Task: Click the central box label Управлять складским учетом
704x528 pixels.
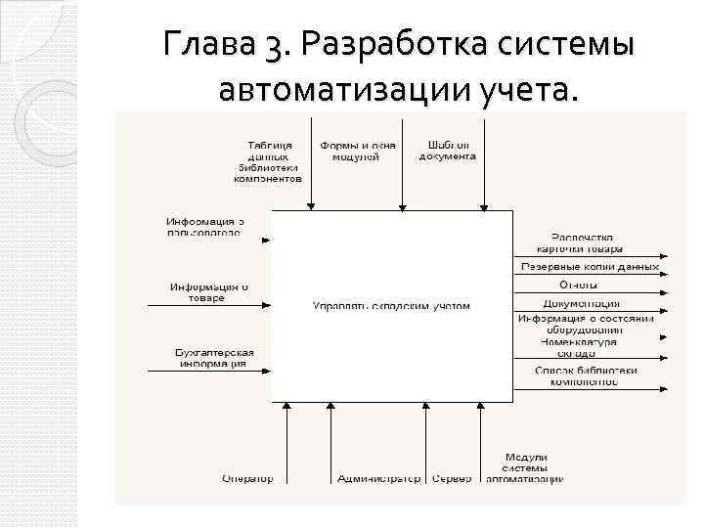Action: (391, 306)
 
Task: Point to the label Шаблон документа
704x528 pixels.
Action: (448, 151)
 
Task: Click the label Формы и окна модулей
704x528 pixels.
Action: (358, 151)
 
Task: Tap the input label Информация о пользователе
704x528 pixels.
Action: (203, 227)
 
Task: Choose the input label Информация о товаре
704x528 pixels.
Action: (208, 292)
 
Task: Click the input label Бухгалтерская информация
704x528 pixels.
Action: (212, 358)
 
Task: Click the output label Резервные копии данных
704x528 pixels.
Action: (590, 266)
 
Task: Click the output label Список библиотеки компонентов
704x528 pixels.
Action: (586, 375)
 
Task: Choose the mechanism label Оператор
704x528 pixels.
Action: (247, 478)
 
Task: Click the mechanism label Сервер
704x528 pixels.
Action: (452, 478)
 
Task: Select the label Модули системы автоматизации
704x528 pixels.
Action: (525, 467)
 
